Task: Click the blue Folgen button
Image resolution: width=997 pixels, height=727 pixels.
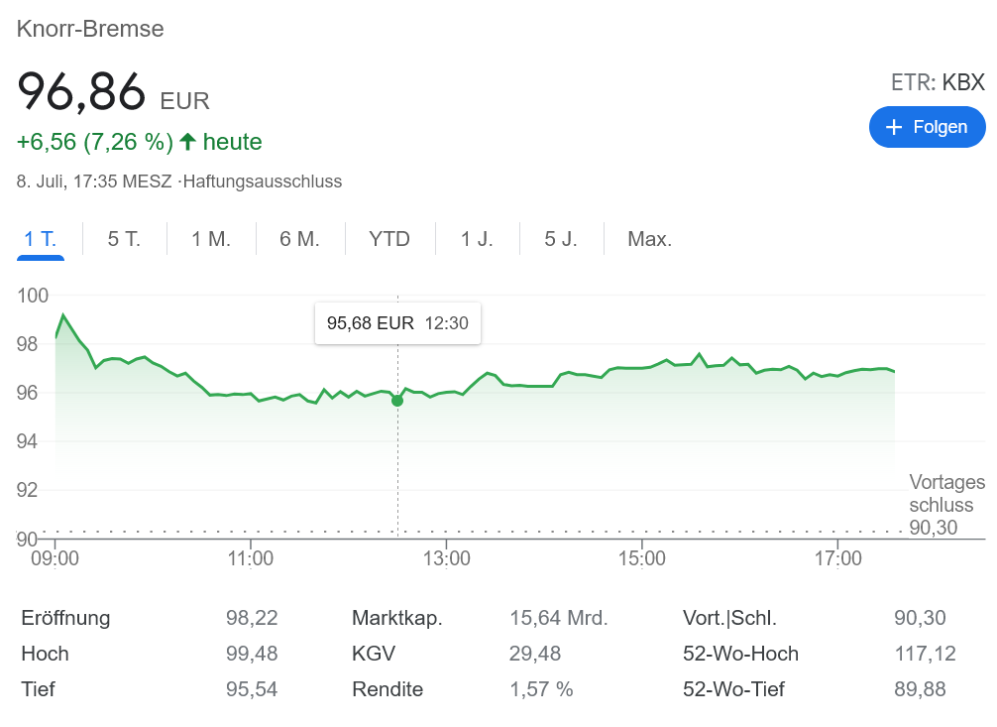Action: click(x=927, y=127)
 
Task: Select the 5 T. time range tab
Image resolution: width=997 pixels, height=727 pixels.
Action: click(x=124, y=239)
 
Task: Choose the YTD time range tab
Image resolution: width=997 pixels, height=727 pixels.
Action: click(x=389, y=239)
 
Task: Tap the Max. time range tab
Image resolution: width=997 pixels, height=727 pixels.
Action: click(x=650, y=239)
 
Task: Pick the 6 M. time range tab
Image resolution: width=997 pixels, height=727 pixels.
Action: click(x=299, y=239)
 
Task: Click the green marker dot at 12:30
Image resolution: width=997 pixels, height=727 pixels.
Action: click(x=397, y=400)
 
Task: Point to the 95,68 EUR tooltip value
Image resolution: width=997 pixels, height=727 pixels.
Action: click(x=371, y=323)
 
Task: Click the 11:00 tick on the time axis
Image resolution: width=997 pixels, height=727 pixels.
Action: click(x=250, y=558)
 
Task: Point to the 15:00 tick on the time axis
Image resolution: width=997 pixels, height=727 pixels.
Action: click(x=642, y=558)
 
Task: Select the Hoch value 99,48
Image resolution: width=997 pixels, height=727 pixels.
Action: click(x=252, y=654)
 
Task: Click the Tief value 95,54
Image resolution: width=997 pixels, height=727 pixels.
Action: click(x=252, y=689)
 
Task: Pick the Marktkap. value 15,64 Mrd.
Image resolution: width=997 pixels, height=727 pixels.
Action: click(x=559, y=619)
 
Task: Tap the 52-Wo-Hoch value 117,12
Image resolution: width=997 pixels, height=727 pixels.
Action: click(x=920, y=654)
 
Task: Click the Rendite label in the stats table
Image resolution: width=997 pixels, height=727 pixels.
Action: click(x=388, y=689)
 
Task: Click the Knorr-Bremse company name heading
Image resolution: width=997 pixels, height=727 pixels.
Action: click(x=90, y=30)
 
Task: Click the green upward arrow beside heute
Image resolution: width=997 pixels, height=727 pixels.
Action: click(x=188, y=142)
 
